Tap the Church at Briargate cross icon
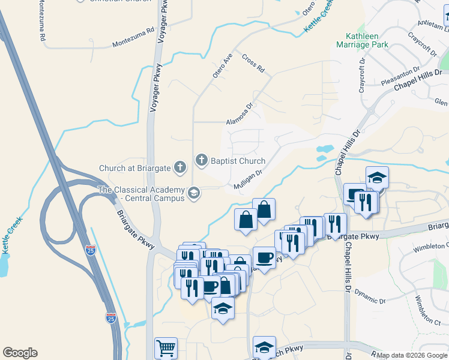(x=179, y=167)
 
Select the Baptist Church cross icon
(x=202, y=160)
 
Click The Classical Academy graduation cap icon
(x=193, y=193)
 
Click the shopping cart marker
(x=166, y=347)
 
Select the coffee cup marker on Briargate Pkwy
(x=264, y=258)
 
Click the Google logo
(x=20, y=353)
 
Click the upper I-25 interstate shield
(x=90, y=250)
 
